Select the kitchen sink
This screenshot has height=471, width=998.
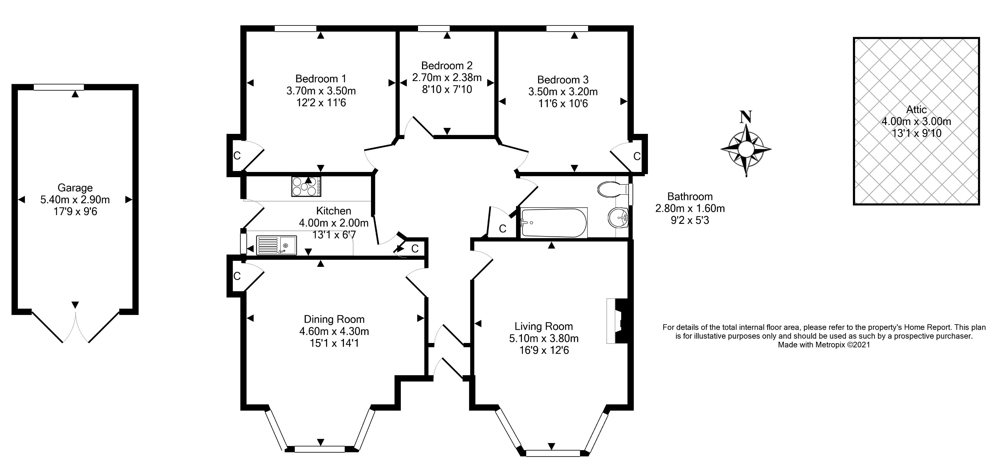tap(276, 245)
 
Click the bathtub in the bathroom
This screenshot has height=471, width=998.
tap(554, 223)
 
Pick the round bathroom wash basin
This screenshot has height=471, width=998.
tap(619, 218)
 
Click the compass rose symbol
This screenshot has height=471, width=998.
tap(746, 149)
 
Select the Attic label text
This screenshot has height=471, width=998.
tap(916, 110)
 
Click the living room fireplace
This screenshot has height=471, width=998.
tap(617, 321)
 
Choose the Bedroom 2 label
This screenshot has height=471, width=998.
tap(447, 65)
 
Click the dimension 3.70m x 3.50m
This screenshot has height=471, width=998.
tap(321, 91)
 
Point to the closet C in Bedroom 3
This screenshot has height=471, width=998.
tap(637, 156)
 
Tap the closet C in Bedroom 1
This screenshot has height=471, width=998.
tap(237, 156)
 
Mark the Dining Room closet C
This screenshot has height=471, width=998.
tap(237, 276)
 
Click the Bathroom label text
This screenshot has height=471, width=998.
tap(690, 197)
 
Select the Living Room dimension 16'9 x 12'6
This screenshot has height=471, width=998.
tap(544, 350)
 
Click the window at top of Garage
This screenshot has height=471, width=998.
tap(58, 87)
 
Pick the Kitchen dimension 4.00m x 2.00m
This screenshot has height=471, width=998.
tap(333, 223)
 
